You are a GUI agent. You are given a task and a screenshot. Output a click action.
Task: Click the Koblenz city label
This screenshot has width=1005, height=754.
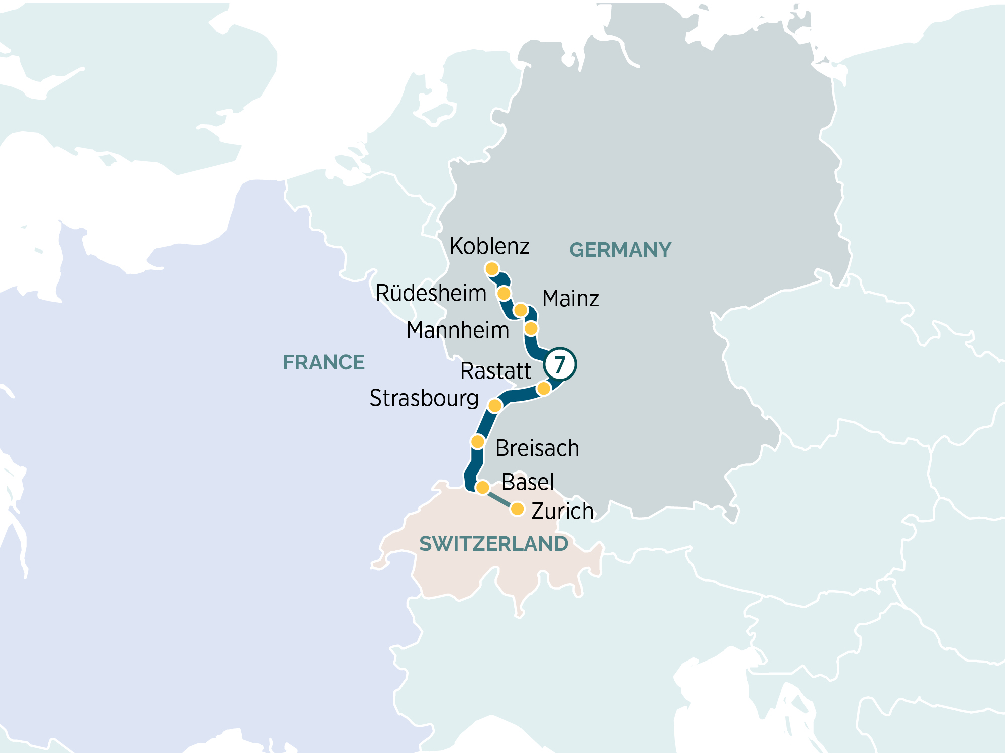point(489,246)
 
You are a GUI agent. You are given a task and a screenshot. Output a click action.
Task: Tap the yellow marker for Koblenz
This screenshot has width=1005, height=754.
point(492,269)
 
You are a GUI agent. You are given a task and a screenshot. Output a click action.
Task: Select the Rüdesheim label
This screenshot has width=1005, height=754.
point(431,293)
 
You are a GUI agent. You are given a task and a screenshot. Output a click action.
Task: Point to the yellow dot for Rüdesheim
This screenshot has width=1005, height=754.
point(504,293)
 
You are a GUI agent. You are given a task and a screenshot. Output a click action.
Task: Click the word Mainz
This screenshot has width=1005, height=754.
point(571,299)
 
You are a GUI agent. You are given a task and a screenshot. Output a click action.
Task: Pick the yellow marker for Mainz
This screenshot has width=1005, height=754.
point(521,310)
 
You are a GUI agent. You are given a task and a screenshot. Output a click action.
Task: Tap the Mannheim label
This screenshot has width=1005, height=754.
point(458,330)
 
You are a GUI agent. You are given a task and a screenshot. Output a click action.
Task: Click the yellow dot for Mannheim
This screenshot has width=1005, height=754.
point(531,329)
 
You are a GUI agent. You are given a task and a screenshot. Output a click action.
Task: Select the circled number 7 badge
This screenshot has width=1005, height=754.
point(560,364)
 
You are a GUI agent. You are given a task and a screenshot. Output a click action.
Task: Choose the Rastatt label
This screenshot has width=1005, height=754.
point(495,371)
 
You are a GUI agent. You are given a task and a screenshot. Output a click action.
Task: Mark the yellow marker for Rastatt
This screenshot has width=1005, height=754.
point(543,389)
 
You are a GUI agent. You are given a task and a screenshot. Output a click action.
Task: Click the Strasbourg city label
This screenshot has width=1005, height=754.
point(424,398)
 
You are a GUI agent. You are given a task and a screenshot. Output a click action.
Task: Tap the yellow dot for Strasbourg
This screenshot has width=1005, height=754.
point(495,406)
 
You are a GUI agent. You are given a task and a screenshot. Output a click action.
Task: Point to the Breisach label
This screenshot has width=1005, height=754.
point(537,448)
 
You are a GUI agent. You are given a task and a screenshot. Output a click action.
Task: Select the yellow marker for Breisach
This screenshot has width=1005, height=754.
point(477,442)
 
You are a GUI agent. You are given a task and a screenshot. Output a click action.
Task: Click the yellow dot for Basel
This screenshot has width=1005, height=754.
point(482,487)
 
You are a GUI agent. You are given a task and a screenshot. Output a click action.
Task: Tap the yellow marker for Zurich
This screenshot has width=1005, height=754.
point(517,509)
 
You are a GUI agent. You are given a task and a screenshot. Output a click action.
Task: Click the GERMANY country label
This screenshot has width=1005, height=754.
point(620,250)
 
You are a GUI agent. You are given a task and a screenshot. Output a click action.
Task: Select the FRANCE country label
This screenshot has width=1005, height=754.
point(324,362)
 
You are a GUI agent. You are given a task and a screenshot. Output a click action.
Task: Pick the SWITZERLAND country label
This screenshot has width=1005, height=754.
point(493,544)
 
